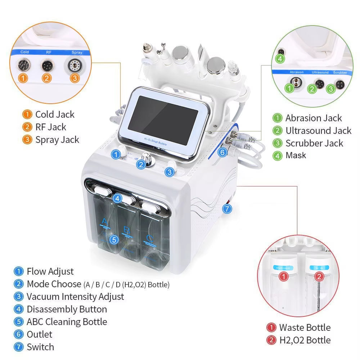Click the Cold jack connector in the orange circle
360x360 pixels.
tap(25, 65)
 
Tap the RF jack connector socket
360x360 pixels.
tap(47, 66)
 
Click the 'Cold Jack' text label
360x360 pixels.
tap(55, 114)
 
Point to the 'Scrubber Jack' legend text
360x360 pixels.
tap(314, 143)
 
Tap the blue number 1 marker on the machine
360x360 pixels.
tap(116, 154)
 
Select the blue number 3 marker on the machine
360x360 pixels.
tap(170, 172)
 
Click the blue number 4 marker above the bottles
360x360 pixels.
tap(117, 198)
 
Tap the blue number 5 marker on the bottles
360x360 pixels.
tap(113, 239)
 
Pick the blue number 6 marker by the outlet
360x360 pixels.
tap(222, 152)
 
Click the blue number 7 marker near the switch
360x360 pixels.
tap(226, 208)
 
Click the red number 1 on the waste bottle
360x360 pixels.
tap(284, 277)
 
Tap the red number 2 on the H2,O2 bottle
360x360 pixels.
tap(319, 277)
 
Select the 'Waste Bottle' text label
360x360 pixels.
tap(305, 327)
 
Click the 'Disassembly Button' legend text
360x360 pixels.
tap(67, 309)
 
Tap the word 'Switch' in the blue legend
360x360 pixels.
tap(40, 347)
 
